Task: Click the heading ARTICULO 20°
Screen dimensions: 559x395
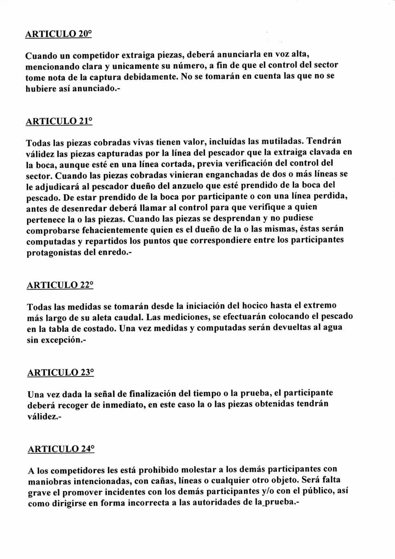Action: [x=58, y=34]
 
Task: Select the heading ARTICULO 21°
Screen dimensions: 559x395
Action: [x=59, y=121]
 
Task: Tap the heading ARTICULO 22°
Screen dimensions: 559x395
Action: [x=60, y=285]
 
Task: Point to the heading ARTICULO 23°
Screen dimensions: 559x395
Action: [x=60, y=373]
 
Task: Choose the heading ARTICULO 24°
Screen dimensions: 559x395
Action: [x=61, y=449]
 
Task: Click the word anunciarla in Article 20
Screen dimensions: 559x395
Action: [x=239, y=54]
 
